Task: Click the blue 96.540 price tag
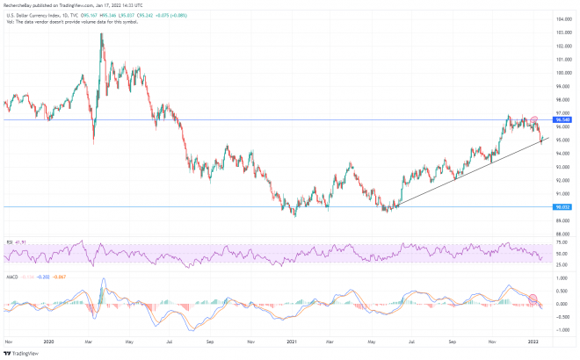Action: [563, 119]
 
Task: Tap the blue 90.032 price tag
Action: [563, 207]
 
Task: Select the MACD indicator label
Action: [11, 277]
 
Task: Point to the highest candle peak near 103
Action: [103, 33]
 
